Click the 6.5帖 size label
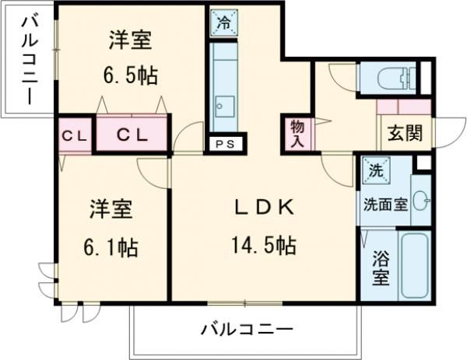point(130,75)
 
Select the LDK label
point(264,208)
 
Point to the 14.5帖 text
point(264,246)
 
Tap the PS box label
point(226,143)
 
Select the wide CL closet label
point(132,135)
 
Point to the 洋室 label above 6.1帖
point(110,210)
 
